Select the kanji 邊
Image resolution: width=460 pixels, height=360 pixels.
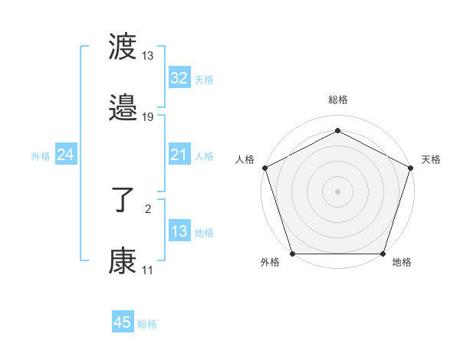point(123,109)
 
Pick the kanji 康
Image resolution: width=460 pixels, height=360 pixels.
point(123,261)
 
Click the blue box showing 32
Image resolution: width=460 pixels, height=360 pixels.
point(179,78)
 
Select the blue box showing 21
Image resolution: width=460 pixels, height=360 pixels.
point(179,155)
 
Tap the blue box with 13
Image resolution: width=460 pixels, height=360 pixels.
point(179,231)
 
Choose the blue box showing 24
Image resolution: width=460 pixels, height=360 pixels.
point(66,155)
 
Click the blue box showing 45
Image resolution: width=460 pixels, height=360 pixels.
point(122,322)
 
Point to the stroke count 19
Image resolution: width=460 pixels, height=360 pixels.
point(148,117)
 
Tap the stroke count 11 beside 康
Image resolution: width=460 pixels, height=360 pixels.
point(147,270)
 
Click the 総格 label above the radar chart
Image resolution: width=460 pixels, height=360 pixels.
point(337,100)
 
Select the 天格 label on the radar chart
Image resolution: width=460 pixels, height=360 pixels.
point(431,159)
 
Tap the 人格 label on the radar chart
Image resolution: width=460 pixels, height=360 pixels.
point(245,159)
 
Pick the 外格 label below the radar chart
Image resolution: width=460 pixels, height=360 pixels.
point(270,263)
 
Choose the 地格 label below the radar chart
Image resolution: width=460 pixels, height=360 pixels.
point(402,263)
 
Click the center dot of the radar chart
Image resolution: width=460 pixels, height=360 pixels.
point(337,191)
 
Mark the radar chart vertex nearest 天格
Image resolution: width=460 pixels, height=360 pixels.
point(410,167)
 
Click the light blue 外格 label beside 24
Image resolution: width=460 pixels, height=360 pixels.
point(41,156)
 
